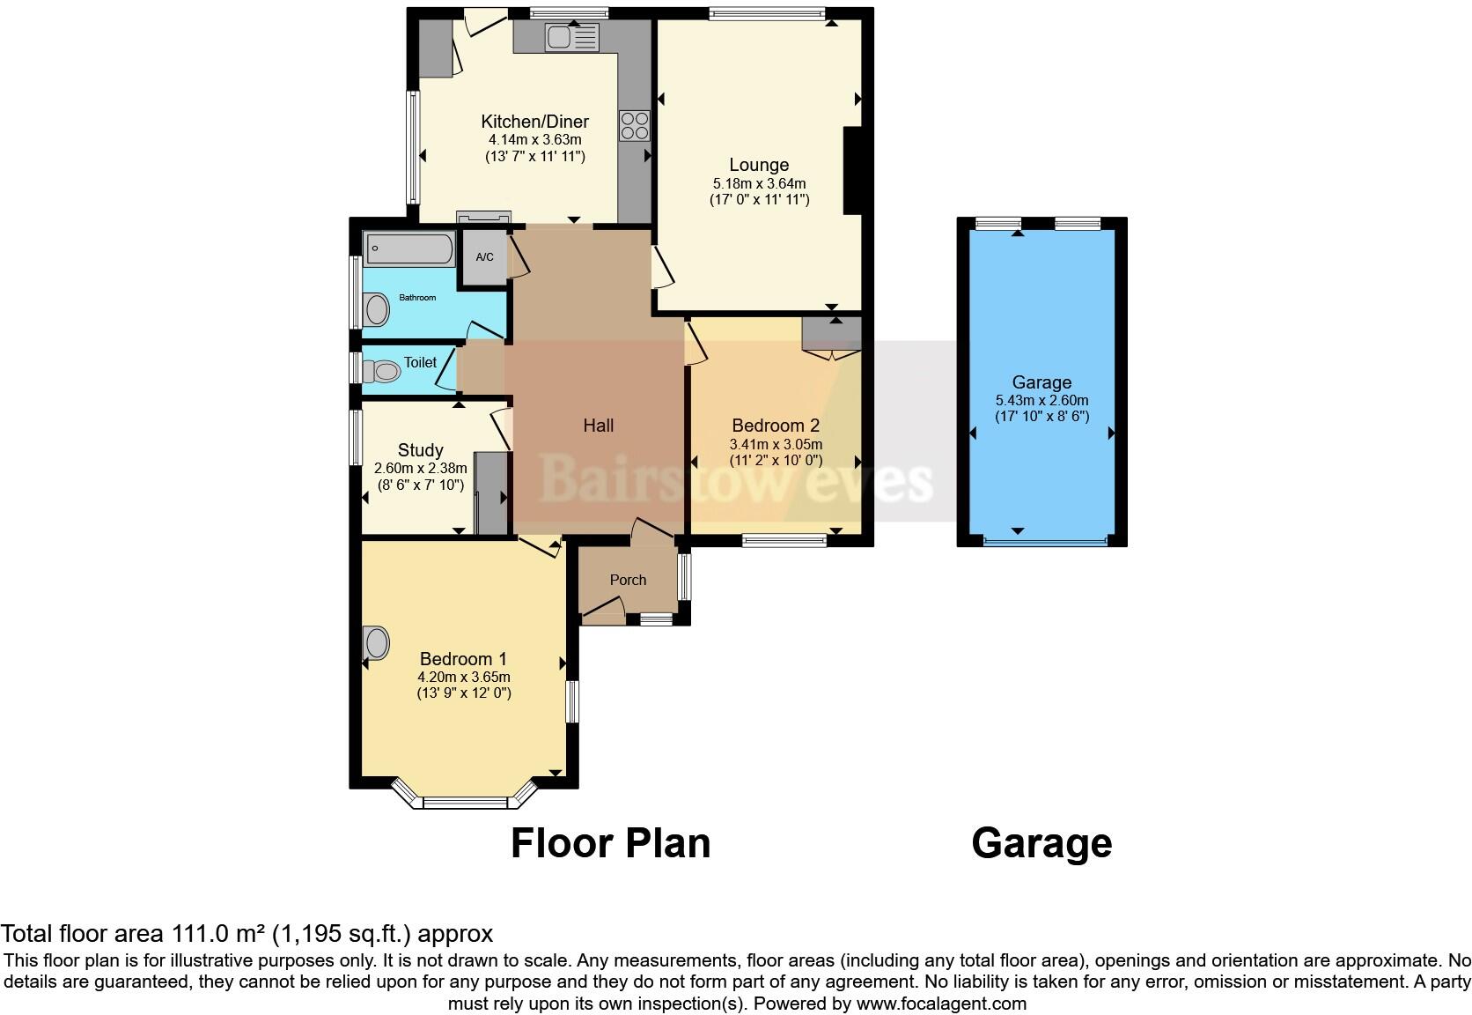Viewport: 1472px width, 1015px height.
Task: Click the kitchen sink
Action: coord(572,37)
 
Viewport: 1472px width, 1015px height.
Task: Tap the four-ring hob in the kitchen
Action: coord(634,126)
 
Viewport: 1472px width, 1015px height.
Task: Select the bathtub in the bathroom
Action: coord(409,248)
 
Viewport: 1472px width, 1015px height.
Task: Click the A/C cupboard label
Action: coord(484,256)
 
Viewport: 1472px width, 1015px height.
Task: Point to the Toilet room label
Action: coord(420,362)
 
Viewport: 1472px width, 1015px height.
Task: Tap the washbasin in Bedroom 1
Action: coord(376,642)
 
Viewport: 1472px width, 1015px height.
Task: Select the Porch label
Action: coord(628,580)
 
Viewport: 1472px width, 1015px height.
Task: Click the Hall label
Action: coord(598,426)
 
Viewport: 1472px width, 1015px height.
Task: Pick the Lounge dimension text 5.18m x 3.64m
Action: coord(759,183)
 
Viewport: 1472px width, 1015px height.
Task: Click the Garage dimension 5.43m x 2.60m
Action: coord(1041,400)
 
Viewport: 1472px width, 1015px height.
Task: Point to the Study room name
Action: coord(420,450)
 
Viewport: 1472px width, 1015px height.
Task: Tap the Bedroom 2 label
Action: coord(776,426)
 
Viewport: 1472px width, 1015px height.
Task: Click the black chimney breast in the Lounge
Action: coord(852,170)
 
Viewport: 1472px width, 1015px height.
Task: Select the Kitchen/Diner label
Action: coord(535,122)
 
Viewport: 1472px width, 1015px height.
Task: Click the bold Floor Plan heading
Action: coord(610,842)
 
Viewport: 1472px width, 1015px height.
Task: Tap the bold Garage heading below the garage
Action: coord(1041,844)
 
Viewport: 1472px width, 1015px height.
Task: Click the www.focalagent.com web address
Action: coord(941,1004)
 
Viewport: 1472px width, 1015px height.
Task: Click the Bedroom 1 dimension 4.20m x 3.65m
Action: coord(464,677)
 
